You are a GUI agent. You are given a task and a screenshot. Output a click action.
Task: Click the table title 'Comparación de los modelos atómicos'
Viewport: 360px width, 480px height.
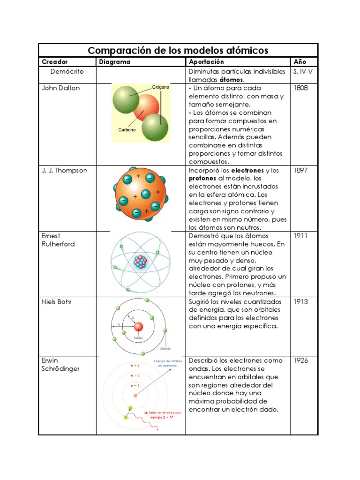178,50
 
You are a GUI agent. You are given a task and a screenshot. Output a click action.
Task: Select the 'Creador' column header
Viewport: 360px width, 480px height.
55,62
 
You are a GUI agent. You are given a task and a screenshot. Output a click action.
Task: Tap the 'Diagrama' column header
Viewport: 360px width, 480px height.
114,62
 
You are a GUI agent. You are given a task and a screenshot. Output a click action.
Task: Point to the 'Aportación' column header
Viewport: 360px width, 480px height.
206,62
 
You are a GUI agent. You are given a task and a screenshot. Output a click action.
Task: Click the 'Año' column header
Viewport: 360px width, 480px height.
300,62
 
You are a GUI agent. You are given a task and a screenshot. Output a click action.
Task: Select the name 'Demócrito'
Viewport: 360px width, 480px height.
67,72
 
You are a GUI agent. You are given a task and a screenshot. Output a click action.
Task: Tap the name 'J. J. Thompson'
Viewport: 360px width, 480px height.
65,171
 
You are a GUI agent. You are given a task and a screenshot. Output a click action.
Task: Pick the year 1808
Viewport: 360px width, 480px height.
300,88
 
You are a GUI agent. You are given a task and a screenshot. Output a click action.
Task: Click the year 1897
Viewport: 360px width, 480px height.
300,171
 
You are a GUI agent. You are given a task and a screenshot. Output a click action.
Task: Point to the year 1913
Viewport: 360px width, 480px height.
300,302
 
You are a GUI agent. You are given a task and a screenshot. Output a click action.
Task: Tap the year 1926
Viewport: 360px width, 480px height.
300,361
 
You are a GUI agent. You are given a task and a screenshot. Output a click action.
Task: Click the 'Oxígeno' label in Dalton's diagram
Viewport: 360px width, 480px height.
160,87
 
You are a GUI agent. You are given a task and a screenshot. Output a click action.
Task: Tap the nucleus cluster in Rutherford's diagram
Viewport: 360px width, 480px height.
141,262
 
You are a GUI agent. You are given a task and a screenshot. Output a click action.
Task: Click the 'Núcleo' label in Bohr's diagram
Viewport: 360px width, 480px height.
138,337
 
